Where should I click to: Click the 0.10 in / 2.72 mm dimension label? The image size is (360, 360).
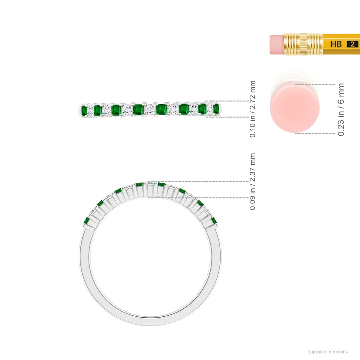[252, 109]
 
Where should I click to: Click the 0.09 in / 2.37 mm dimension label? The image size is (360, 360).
[252, 182]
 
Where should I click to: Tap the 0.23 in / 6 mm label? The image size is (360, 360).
[341, 110]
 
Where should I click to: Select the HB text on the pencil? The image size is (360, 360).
[336, 44]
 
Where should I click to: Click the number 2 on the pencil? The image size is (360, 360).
[352, 44]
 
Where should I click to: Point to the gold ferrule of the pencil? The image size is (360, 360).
[303, 44]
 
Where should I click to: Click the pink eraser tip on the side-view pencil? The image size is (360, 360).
[277, 44]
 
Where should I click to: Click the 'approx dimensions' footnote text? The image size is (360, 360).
[327, 352]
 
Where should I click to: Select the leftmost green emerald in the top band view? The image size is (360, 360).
[84, 110]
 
